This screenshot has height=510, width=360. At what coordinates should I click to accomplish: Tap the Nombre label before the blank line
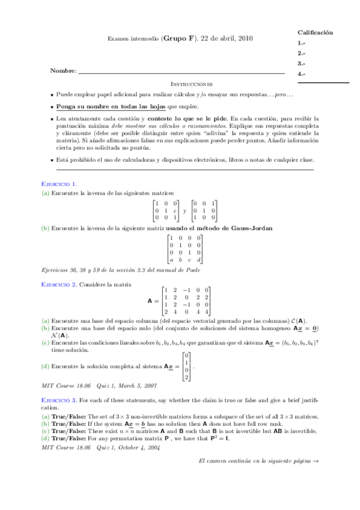pos(63,72)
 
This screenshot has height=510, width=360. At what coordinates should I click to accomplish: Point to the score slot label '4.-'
pos(302,73)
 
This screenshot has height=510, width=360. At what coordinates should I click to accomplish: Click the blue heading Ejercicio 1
pos(58,183)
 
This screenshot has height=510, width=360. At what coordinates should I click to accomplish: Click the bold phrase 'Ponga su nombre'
pos(81,106)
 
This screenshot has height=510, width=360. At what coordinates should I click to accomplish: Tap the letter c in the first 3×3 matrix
pos(174,211)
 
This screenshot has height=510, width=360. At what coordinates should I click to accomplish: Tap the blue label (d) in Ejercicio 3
pos(45,438)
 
